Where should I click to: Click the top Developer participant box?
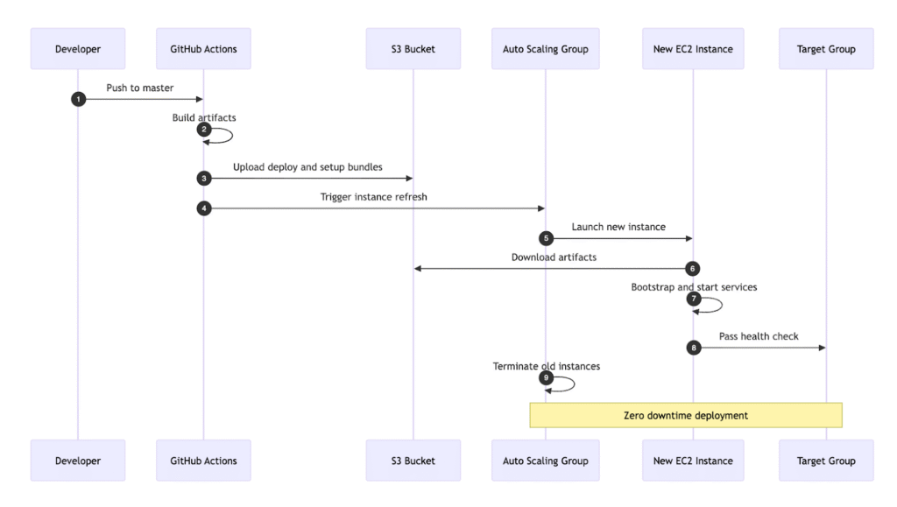pyautogui.click(x=78, y=49)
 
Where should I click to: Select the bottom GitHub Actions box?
pyautogui.click(x=203, y=461)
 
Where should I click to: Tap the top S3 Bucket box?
pyautogui.click(x=413, y=49)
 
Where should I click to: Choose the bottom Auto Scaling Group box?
pyautogui.click(x=545, y=461)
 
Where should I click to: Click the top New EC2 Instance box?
pyautogui.click(x=692, y=49)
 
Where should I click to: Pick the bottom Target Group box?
pyautogui.click(x=825, y=461)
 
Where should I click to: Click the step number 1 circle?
pyautogui.click(x=78, y=99)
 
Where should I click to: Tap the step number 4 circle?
pyautogui.click(x=203, y=208)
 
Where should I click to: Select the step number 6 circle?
pyautogui.click(x=693, y=269)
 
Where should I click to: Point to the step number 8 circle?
pyautogui.click(x=693, y=348)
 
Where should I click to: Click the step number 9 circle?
pyautogui.click(x=546, y=377)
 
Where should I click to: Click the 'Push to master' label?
pyautogui.click(x=140, y=88)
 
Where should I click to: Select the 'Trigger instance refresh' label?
pyautogui.click(x=373, y=197)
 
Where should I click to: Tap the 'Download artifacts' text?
pyautogui.click(x=554, y=257)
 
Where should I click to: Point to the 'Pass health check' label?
pyautogui.click(x=759, y=336)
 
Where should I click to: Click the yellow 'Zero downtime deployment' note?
pyautogui.click(x=685, y=415)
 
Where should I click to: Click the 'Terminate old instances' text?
pyautogui.click(x=546, y=366)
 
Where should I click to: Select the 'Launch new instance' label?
pyautogui.click(x=618, y=227)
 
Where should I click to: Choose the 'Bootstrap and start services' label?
pyautogui.click(x=694, y=287)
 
